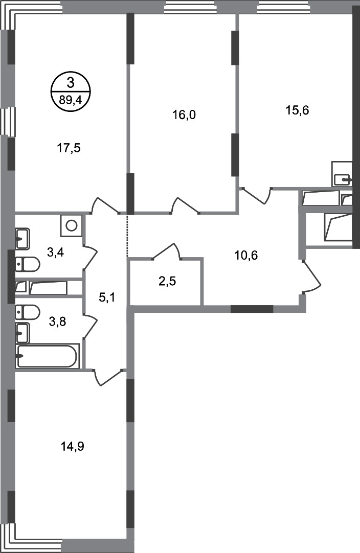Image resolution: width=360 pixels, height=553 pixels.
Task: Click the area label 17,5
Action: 69,149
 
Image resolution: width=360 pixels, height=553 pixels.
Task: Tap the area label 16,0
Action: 184,114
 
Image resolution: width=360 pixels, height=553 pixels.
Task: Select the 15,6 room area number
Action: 297,110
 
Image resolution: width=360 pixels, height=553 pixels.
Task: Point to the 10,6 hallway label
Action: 246,256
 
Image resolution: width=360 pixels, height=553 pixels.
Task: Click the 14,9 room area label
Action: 72,447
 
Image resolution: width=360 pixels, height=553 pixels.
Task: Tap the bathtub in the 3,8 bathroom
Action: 47,356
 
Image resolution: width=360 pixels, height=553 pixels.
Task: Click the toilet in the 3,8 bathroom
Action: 28,312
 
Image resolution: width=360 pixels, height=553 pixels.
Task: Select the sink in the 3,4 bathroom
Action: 22,238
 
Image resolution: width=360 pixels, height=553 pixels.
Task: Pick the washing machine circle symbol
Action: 72,225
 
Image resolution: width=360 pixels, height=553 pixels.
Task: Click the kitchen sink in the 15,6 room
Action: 342,179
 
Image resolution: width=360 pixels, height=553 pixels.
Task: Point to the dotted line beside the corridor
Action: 127,235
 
